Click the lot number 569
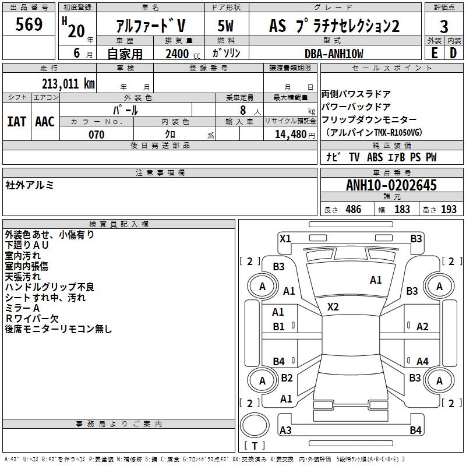pos(29,25)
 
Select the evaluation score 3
pos(444,26)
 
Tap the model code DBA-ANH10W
pos(334,54)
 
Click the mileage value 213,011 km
pos(68,83)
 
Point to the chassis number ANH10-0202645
pos(391,186)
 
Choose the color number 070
pos(96,135)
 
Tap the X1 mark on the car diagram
pos(285,238)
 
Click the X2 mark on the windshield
pos(333,307)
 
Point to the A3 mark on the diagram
pos(285,430)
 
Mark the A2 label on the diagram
pos(422,327)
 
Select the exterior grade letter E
pos(434,53)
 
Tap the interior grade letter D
pos(453,53)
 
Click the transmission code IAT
pos(16,121)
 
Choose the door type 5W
pos(226,26)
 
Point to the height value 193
pos(449,209)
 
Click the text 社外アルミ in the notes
pos(30,185)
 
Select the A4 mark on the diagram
pos(422,362)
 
